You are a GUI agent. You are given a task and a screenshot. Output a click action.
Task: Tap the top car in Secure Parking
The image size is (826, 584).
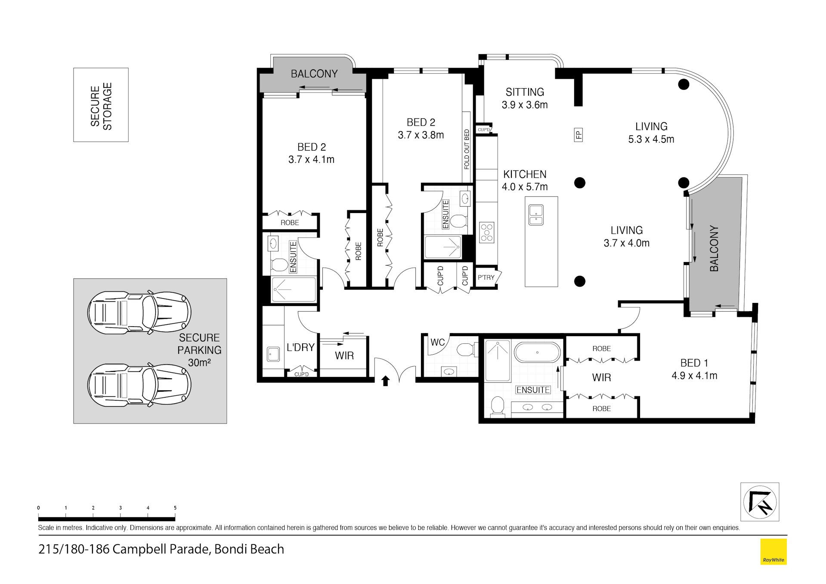tap(139, 312)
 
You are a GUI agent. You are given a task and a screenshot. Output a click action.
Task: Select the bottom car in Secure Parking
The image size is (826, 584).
tap(139, 384)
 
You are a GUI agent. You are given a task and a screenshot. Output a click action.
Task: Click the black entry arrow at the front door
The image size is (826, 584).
tap(385, 381)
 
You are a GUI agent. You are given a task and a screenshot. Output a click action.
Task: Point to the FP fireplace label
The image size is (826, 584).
tap(579, 135)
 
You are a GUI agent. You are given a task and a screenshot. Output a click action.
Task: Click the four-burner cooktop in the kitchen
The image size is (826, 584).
tap(487, 233)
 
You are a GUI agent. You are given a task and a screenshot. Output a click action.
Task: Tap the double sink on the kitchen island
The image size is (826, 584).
tap(536, 215)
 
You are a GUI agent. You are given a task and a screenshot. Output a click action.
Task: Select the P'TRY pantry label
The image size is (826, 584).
tap(486, 278)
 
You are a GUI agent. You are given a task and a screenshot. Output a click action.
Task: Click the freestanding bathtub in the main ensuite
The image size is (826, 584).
tap(537, 353)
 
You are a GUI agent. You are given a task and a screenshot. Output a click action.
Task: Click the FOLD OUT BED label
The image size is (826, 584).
tap(467, 149)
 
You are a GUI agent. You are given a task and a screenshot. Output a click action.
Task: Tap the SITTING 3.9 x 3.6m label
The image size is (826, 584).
tap(525, 98)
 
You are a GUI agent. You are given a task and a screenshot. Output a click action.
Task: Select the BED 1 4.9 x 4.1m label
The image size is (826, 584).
tap(694, 369)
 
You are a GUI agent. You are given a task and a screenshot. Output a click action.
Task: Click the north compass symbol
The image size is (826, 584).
tap(759, 502)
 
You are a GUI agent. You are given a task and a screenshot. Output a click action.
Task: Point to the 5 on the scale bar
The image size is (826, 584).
tap(175, 508)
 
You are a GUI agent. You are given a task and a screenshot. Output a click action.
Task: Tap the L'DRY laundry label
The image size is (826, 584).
tap(300, 347)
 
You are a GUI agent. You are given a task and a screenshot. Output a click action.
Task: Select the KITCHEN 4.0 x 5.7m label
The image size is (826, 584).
tap(525, 180)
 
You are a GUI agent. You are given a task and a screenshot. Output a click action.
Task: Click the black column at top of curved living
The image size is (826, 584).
tap(684, 84)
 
